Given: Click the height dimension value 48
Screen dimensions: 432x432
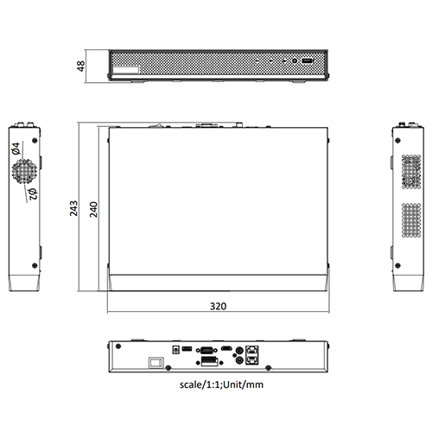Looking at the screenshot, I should (x=80, y=66).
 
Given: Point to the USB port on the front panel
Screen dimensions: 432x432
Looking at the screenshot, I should (x=307, y=61).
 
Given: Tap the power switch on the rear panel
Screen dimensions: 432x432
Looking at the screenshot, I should (x=157, y=363).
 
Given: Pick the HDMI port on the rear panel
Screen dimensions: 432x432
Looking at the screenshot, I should (x=226, y=348).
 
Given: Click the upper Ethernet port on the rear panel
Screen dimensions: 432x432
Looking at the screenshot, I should (x=251, y=347).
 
